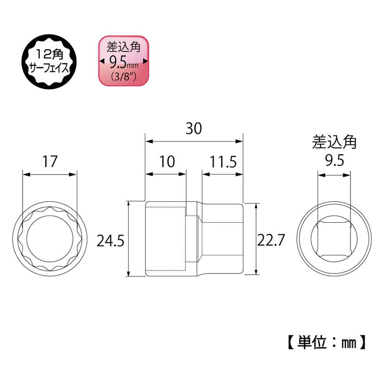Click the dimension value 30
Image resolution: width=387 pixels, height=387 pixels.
click(193, 128)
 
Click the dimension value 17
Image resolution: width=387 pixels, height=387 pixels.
click(49, 161)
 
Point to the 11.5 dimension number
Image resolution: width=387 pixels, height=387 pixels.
click(223, 162)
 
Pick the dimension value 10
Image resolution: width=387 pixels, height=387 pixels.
click(166, 162)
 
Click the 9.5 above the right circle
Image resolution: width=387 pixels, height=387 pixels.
click(333, 161)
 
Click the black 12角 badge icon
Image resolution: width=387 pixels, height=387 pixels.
click(49, 60)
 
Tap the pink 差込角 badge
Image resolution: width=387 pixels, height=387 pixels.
click(124, 60)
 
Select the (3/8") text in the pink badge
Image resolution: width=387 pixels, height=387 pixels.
click(124, 76)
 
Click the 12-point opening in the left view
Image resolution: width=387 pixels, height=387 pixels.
click(49, 240)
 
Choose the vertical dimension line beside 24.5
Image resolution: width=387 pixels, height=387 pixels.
click(129, 239)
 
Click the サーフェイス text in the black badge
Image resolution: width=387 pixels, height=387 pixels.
click(49, 67)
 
